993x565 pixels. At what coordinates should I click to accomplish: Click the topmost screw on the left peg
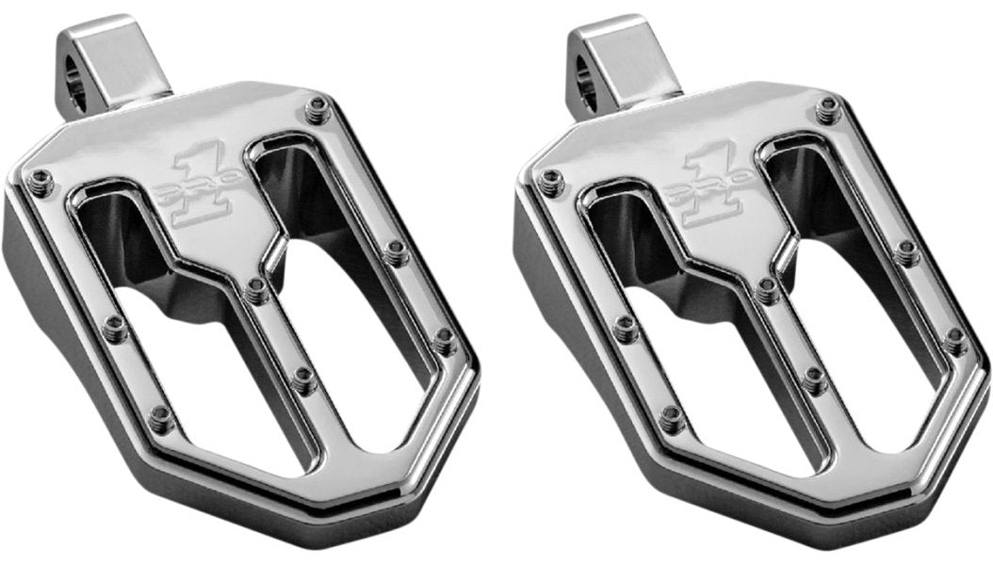[x=318, y=106]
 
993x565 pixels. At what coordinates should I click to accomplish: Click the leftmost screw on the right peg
[x=549, y=179]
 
